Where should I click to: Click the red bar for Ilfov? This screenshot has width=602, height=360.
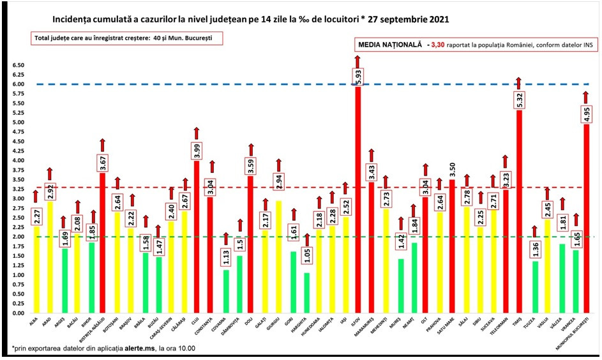tap(357, 204)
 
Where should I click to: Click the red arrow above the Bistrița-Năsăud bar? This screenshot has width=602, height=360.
tap(102, 145)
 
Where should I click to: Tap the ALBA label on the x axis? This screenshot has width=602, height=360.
tap(33, 324)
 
